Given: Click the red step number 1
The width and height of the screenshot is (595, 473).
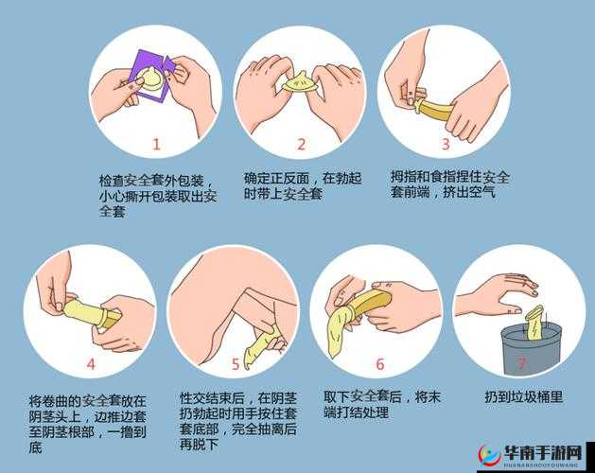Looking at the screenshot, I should pos(157,145).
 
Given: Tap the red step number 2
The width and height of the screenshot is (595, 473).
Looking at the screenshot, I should pos(301,145).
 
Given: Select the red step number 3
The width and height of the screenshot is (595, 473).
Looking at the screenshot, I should pos(445,145).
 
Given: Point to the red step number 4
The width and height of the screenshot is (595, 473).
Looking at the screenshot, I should pos(91,363).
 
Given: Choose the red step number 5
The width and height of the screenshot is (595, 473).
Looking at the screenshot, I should pos(236,363).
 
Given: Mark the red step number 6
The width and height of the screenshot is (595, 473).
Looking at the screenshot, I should pos(379,363).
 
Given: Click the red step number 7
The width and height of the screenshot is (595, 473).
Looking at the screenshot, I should pos(521,363).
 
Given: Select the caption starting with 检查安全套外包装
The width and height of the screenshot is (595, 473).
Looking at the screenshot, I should pos(158,195).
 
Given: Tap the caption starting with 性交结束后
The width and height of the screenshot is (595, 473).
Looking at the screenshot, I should pos(237,421).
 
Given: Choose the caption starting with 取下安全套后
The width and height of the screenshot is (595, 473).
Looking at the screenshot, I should pos(382,405).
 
